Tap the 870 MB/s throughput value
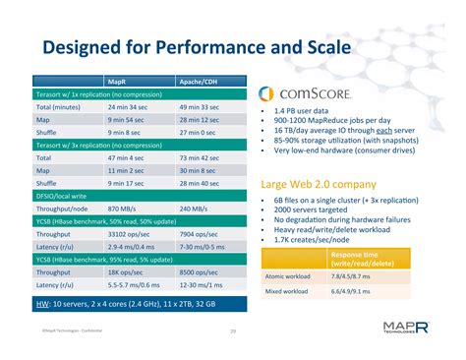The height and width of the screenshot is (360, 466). pyautogui.click(x=123, y=209)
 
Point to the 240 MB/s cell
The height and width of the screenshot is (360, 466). pyautogui.click(x=195, y=209)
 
